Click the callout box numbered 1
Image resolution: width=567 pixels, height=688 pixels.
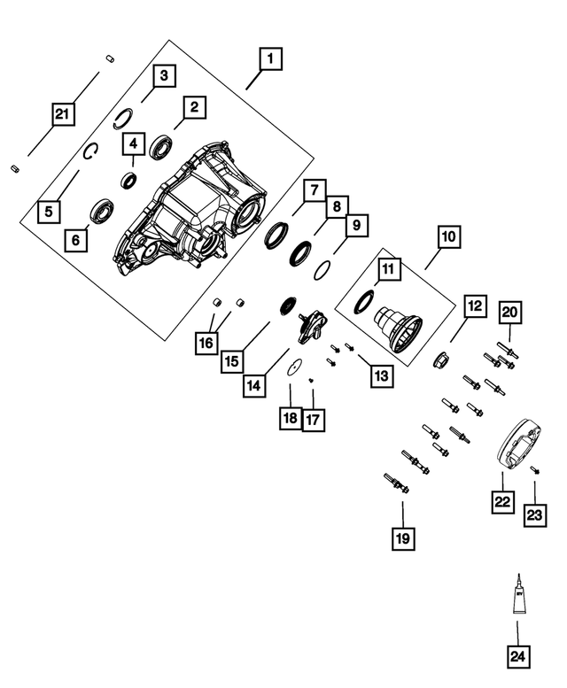[269, 59]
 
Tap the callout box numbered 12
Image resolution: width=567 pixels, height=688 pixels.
[474, 307]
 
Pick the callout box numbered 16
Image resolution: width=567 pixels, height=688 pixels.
[206, 341]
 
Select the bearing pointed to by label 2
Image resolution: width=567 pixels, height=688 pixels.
[161, 145]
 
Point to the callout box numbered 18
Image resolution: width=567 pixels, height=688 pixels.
[290, 419]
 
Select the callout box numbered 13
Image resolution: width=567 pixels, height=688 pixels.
[380, 375]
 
